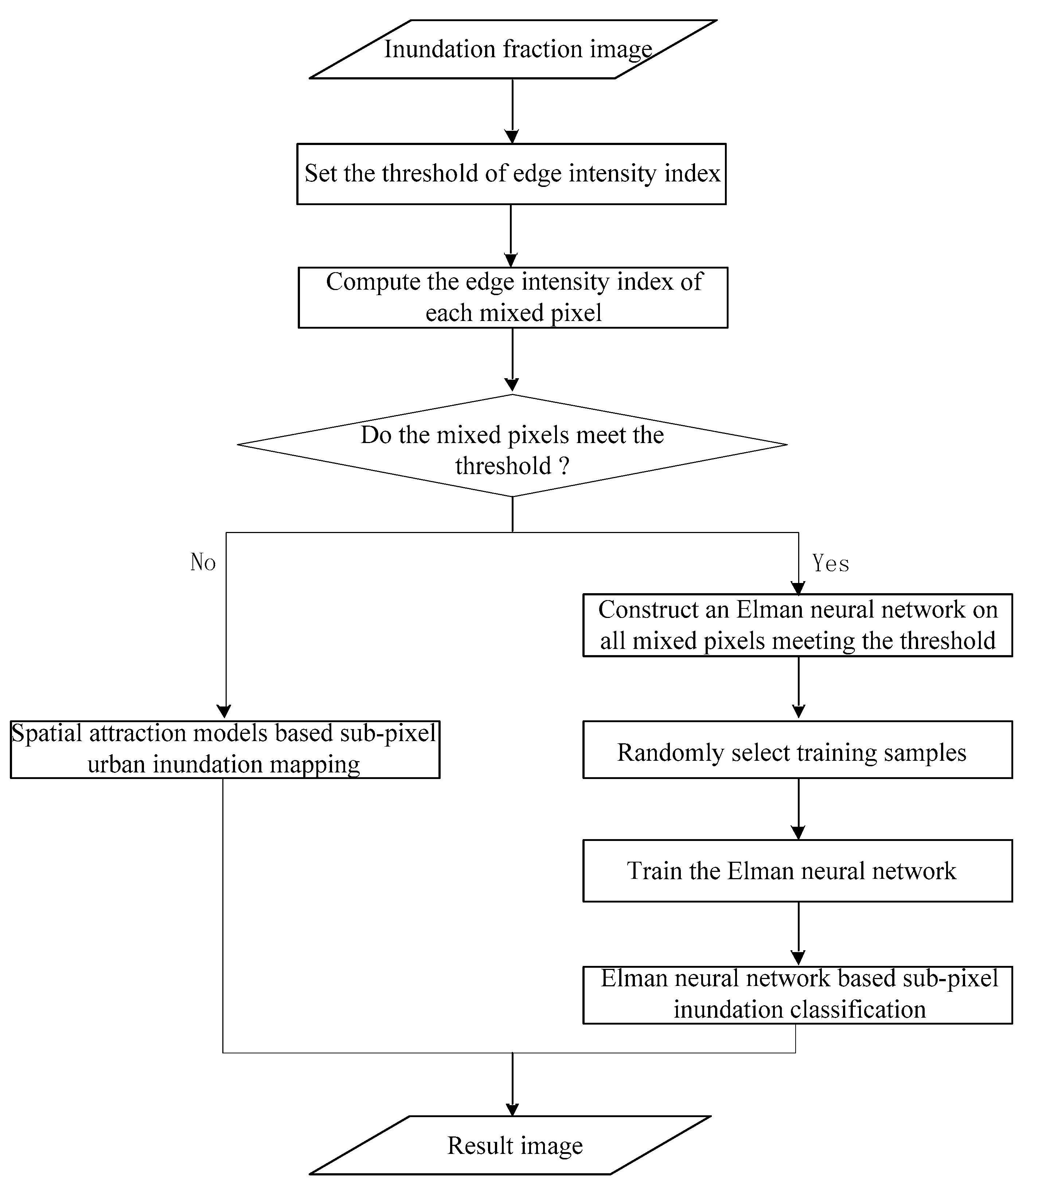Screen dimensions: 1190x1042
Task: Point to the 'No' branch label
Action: [203, 563]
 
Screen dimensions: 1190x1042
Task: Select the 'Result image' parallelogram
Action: [511, 1145]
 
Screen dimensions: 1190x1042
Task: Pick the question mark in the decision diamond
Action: [563, 467]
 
